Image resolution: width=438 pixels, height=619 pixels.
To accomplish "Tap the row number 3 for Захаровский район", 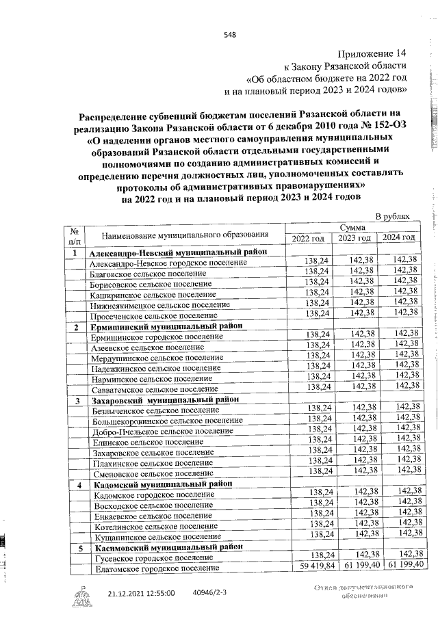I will (x=77, y=400).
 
